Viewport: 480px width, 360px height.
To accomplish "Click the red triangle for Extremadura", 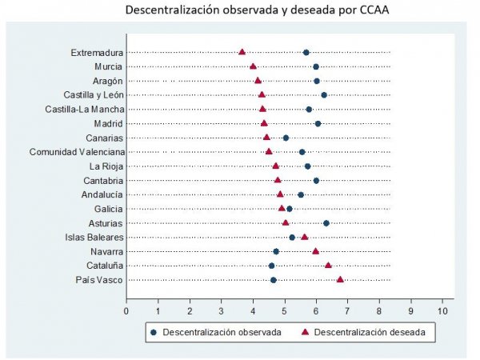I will pos(242,52).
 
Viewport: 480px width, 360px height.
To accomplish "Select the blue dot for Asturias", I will pos(326,223).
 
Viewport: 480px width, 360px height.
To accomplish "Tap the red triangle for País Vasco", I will pos(340,280).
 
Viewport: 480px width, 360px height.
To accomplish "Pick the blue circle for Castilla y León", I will pos(324,95).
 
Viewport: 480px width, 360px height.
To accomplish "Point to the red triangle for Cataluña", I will pos(328,266).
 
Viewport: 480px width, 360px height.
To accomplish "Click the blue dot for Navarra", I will pos(276,251).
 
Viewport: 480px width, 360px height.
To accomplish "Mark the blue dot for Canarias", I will pos(286,138).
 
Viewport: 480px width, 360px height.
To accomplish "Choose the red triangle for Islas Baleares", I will pos(305,237).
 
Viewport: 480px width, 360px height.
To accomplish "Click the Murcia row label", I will pos(108,66).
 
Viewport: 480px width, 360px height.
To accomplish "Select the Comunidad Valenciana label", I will pos(77,152).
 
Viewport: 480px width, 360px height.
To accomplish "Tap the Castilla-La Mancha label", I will pos(83,110).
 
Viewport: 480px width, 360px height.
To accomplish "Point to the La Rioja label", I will pos(106,166).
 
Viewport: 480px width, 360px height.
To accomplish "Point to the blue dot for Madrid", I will pos(318,123).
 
